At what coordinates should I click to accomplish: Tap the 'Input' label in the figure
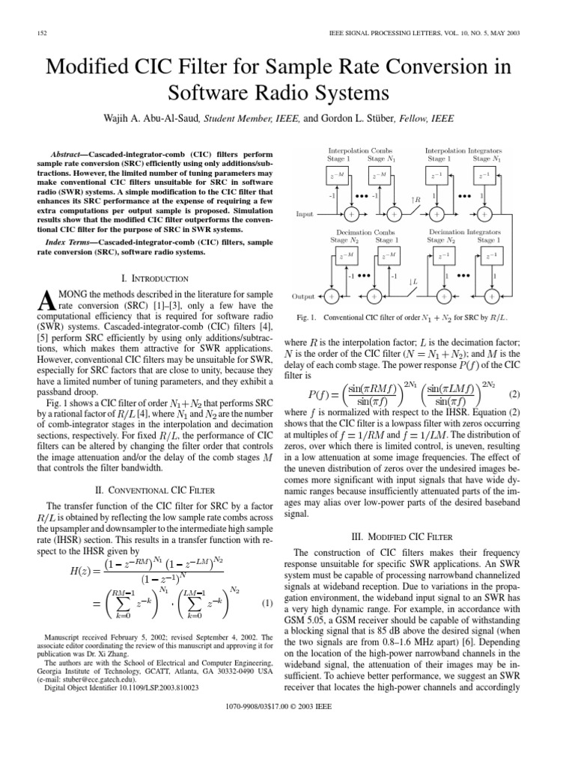(x=305, y=215)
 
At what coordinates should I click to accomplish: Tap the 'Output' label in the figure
(x=303, y=296)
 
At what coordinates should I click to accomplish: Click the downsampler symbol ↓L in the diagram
(x=413, y=282)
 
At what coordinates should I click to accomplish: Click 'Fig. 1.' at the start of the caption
(x=308, y=318)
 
